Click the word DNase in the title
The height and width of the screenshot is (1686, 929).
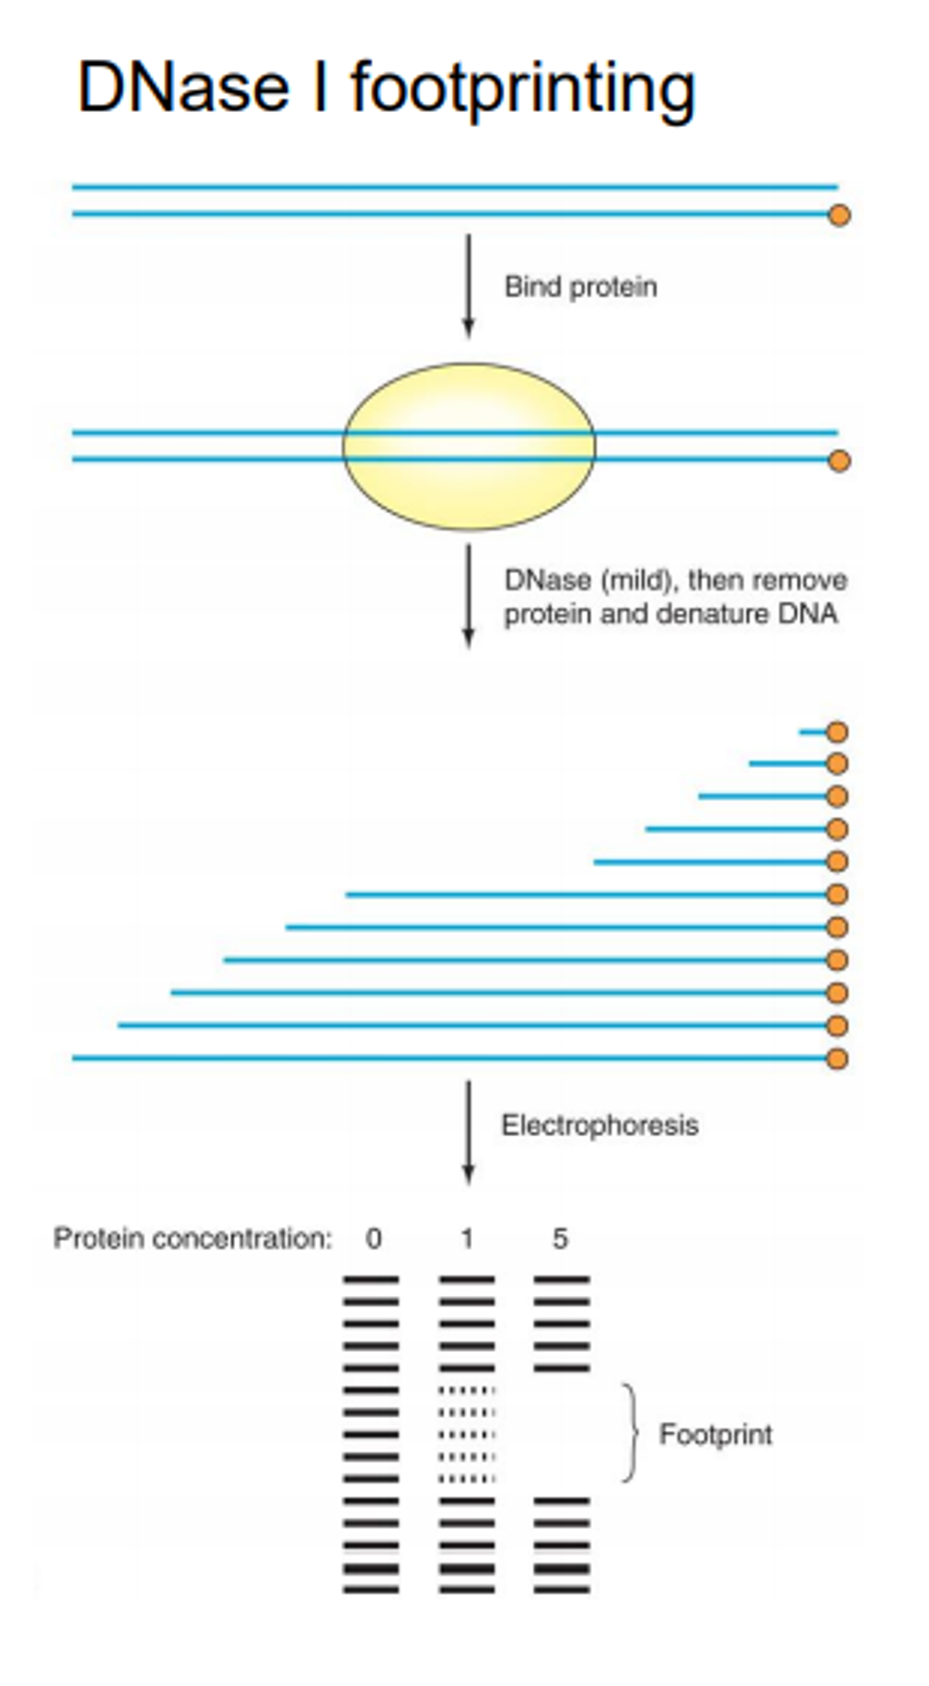[183, 87]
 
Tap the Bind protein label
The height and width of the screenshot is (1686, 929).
[580, 287]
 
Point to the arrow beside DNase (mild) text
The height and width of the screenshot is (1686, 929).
[468, 596]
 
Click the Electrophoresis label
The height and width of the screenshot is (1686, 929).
[600, 1126]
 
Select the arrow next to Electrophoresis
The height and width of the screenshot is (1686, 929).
[468, 1132]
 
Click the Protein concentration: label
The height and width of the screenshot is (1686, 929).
[192, 1239]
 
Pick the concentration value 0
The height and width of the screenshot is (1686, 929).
[373, 1239]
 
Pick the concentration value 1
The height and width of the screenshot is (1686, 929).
[467, 1239]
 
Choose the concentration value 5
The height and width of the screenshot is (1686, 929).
[560, 1239]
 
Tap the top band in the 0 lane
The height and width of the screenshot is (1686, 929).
[371, 1279]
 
